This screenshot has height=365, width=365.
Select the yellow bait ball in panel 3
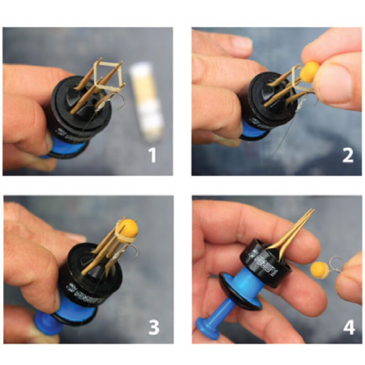pyautogui.click(x=129, y=228)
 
